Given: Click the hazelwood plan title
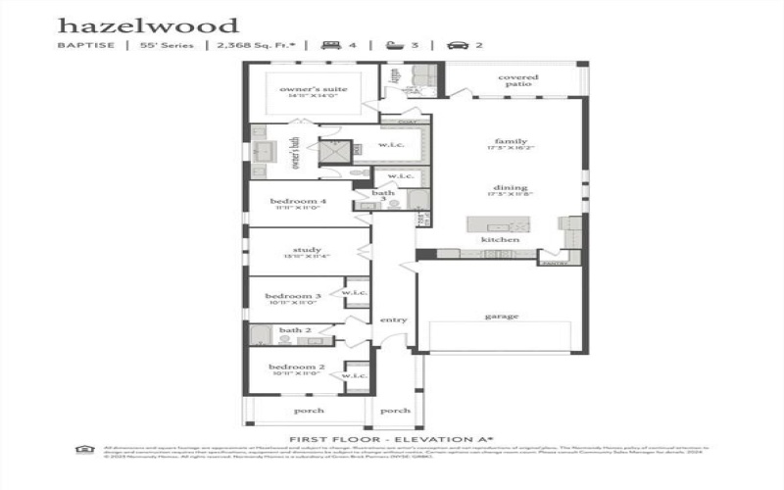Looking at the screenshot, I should (147, 24).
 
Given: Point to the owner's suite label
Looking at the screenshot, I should (307, 89).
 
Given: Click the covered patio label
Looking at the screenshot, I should (517, 80).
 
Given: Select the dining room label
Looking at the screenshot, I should (511, 188).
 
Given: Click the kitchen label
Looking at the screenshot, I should (493, 240).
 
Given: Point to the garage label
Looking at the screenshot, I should (501, 316).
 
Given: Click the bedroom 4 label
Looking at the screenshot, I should (297, 202).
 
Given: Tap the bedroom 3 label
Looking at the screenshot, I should (293, 296).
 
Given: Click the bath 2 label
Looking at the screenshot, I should (294, 330).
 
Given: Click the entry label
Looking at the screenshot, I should (394, 319).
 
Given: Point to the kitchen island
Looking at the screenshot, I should (498, 224).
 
